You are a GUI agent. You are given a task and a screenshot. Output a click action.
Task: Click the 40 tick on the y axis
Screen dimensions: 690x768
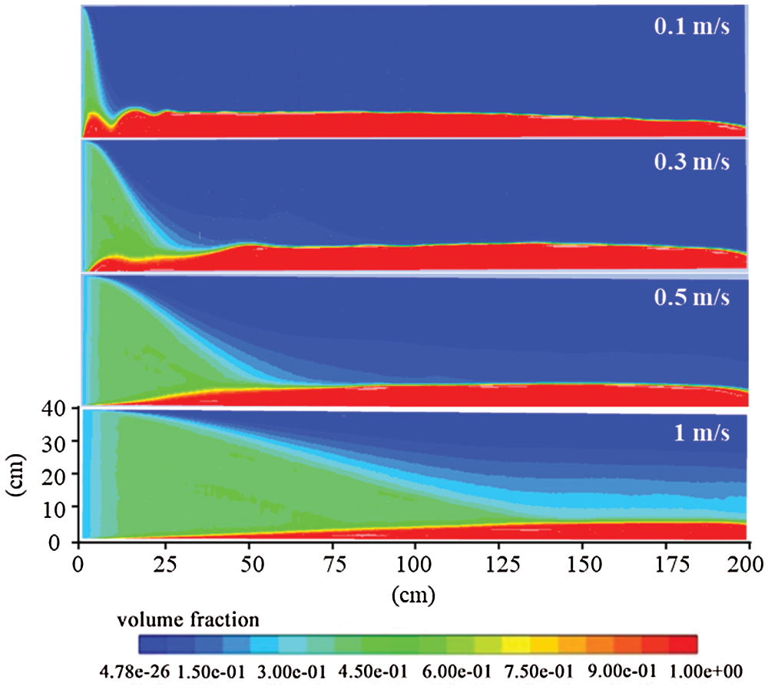61,408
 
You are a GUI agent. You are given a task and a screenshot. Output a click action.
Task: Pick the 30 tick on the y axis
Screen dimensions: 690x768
61,441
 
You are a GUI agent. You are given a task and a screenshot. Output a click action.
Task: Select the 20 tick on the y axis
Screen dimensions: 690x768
61,475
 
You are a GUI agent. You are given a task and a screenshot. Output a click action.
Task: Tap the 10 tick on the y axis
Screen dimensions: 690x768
61,508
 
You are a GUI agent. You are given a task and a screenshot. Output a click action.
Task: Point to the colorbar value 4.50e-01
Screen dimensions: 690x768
379,671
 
